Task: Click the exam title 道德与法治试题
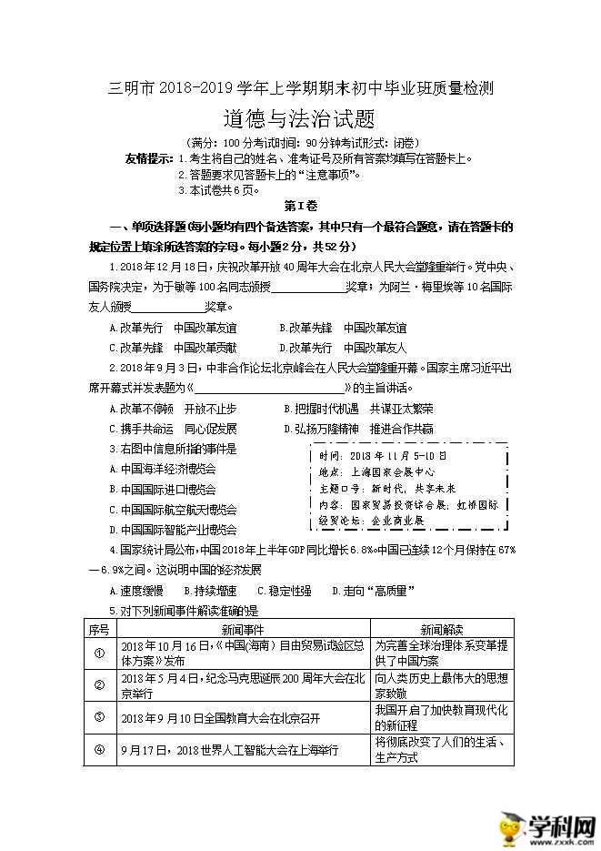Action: [x=299, y=119]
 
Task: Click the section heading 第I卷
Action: [x=298, y=208]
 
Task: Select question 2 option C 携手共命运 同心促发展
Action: [x=173, y=429]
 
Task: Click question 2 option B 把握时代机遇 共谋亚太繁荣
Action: [x=358, y=409]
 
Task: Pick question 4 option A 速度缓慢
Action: [x=135, y=591]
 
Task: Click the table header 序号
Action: [x=99, y=629]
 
